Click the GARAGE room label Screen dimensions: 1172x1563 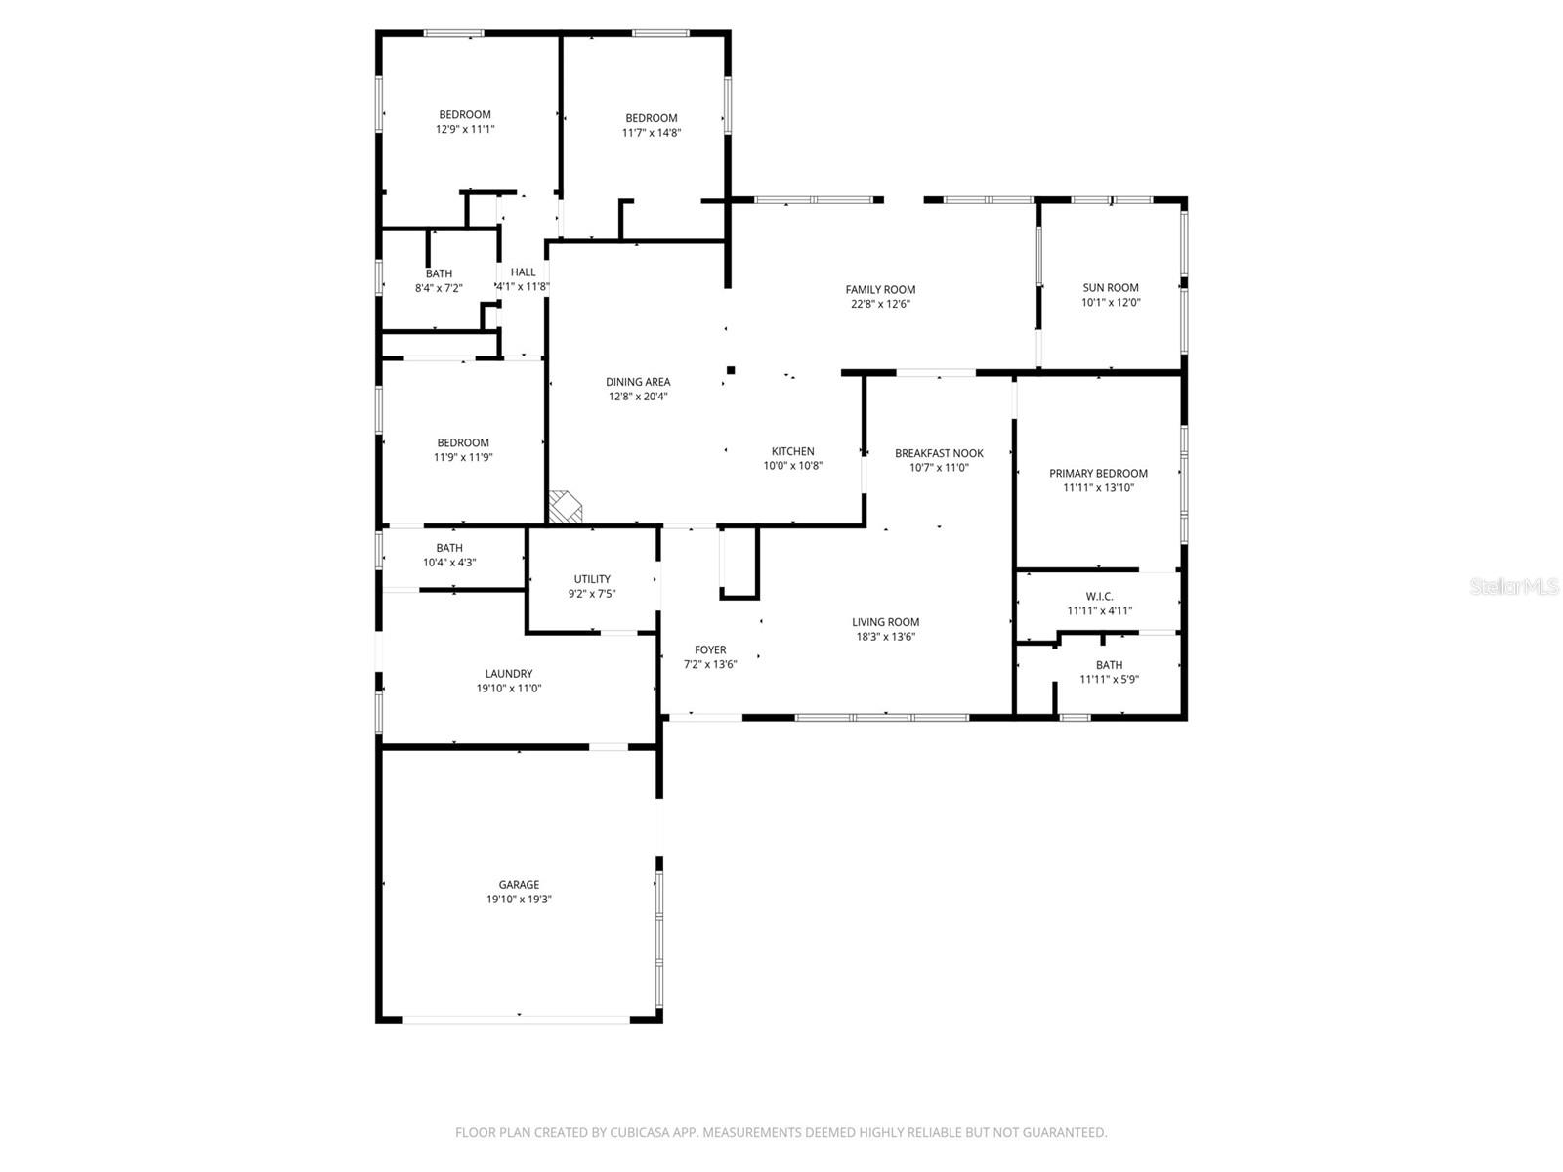click(x=519, y=885)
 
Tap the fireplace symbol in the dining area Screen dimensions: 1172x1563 click(x=565, y=507)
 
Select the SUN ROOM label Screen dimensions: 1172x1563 click(x=1111, y=288)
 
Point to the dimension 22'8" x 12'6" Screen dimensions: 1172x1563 click(x=880, y=304)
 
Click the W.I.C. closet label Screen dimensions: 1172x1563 click(x=1099, y=597)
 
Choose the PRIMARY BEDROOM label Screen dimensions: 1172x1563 click(x=1098, y=474)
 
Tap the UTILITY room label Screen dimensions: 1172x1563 click(x=592, y=579)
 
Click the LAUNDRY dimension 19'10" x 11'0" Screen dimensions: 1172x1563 click(x=509, y=689)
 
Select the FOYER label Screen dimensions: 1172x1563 click(x=710, y=650)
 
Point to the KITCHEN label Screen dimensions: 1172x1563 click(x=792, y=451)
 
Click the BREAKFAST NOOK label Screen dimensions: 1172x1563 click(x=939, y=453)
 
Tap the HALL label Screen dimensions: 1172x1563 click(x=523, y=272)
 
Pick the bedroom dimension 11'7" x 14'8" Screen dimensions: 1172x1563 click(x=652, y=133)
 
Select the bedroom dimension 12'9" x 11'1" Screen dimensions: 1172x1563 click(x=465, y=129)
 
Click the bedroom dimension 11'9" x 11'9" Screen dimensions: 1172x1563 click(x=463, y=457)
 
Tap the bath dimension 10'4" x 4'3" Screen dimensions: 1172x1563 click(x=449, y=563)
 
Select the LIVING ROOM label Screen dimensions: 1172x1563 click(x=885, y=622)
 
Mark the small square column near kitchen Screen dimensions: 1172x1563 click(x=731, y=369)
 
